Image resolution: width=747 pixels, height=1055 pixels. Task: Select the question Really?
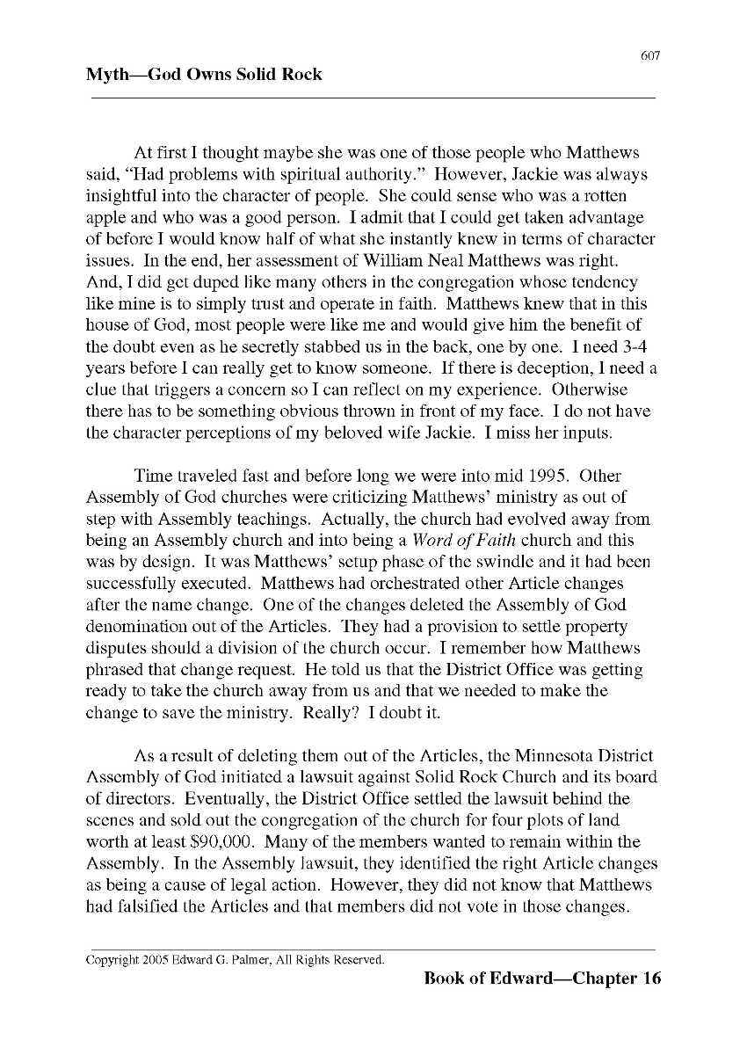click(330, 712)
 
